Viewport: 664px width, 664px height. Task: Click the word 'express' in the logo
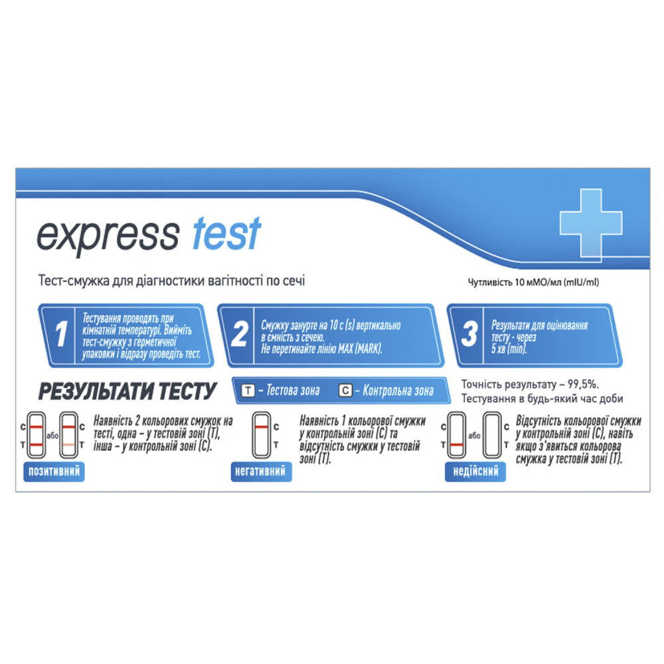tap(108, 236)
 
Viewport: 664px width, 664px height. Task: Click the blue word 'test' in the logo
tap(226, 233)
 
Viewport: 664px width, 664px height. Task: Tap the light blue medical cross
tap(591, 222)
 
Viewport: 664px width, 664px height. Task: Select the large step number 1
tap(61, 334)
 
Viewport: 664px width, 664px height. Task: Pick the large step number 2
tap(240, 334)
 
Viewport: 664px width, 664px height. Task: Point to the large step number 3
tap(469, 334)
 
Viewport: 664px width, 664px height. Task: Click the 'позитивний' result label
tap(54, 471)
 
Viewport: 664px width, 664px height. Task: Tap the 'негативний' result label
tap(261, 471)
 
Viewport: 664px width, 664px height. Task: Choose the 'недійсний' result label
tap(475, 471)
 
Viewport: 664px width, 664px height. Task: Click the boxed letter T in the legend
tap(248, 390)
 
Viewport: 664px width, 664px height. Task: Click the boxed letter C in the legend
tap(345, 390)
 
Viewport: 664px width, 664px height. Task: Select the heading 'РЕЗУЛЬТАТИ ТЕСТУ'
tap(127, 391)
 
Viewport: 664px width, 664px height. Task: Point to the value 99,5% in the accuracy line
tap(583, 384)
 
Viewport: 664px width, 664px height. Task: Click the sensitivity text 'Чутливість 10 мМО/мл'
tap(515, 282)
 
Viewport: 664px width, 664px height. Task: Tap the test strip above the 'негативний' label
tap(261, 436)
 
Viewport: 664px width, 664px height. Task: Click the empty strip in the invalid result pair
tap(492, 436)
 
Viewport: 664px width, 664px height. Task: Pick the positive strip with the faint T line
tap(68, 436)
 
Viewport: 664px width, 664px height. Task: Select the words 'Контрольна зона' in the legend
tap(398, 390)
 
